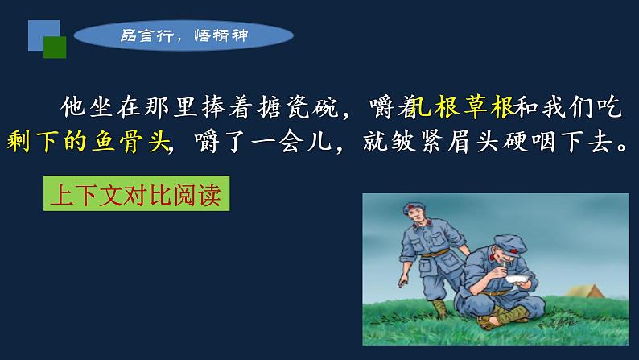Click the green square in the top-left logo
tap(55, 48)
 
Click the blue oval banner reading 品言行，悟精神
tap(184, 35)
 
